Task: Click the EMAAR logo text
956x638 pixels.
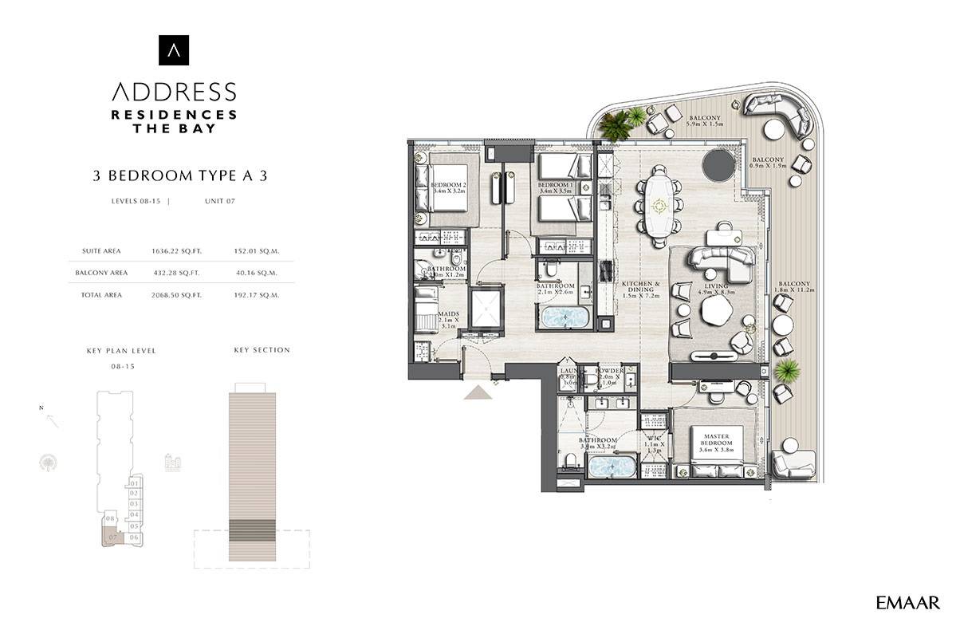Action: [x=907, y=603]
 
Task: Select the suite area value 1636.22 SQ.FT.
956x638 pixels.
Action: [x=176, y=250]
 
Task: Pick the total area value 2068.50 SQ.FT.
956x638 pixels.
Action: [x=176, y=295]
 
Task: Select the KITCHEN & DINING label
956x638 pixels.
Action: [x=640, y=289]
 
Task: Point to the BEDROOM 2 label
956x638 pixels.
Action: [x=447, y=188]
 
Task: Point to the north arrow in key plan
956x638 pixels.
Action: [x=52, y=420]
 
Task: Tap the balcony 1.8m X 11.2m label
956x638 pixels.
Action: [x=795, y=288]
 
